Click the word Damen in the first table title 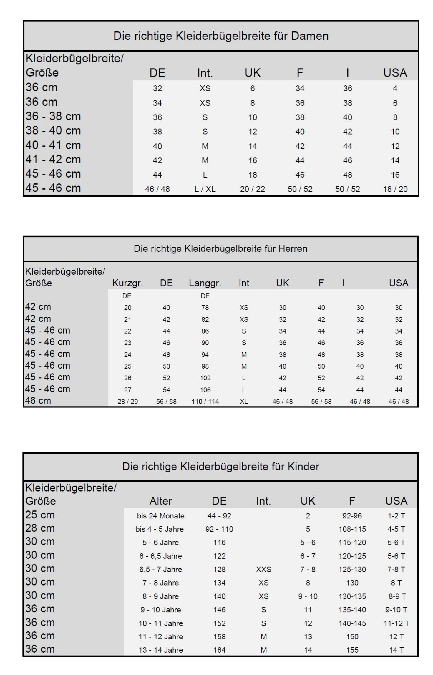click(x=310, y=36)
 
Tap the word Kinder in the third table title click(x=303, y=466)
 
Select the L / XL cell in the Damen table click(x=205, y=189)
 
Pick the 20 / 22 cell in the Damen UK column click(x=253, y=189)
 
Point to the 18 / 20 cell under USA click(x=395, y=189)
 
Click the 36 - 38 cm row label click(x=53, y=116)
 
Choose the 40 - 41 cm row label click(x=53, y=145)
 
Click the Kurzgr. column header click(x=127, y=283)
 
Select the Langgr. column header click(x=205, y=283)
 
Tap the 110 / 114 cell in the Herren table click(x=205, y=401)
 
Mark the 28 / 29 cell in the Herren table click(x=127, y=401)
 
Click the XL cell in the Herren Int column click(x=244, y=401)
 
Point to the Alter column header click(x=161, y=501)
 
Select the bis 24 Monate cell click(x=161, y=516)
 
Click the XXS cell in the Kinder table click(x=263, y=569)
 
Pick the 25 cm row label click(x=40, y=515)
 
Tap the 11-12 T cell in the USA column click(x=396, y=623)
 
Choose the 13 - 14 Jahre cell click(x=161, y=650)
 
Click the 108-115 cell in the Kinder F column click(x=352, y=529)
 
